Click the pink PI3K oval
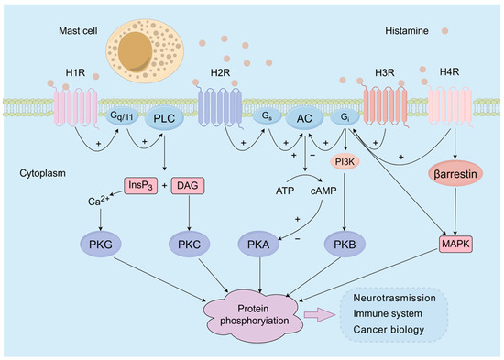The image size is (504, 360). (x=347, y=162)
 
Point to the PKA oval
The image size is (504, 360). (x=265, y=243)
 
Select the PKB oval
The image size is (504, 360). (x=347, y=243)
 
